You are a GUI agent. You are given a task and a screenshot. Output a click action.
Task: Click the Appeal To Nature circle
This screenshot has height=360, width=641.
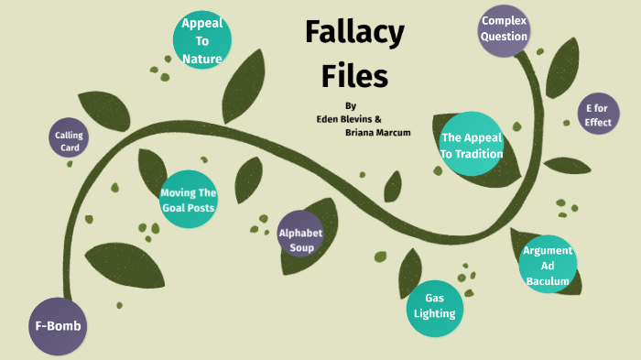click(x=202, y=40)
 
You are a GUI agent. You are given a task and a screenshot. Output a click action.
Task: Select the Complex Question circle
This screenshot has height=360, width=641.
click(x=505, y=28)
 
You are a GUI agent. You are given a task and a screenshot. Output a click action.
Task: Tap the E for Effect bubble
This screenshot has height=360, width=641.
click(x=598, y=115)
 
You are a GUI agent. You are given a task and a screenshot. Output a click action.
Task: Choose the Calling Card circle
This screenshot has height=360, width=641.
click(x=70, y=140)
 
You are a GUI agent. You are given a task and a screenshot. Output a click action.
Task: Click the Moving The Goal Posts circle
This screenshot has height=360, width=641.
click(x=188, y=199)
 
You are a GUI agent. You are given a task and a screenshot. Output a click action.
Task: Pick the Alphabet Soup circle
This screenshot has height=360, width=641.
click(x=301, y=239)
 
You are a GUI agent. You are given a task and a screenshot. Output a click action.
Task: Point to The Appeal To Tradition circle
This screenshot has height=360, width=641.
click(x=472, y=145)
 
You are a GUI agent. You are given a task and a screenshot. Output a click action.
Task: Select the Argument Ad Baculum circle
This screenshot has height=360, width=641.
click(x=548, y=265)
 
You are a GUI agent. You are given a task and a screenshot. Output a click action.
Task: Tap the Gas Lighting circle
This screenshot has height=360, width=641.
click(x=434, y=306)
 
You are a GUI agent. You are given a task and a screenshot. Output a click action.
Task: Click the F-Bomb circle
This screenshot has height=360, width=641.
click(x=58, y=325)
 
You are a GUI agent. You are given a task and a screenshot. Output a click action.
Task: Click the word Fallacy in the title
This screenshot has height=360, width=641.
click(x=354, y=35)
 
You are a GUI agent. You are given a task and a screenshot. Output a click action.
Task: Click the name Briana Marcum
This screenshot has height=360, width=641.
click(x=377, y=132)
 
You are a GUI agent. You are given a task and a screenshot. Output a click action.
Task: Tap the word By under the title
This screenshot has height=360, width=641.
click(x=351, y=105)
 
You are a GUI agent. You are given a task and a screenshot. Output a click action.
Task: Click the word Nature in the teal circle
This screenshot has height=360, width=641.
click(x=202, y=60)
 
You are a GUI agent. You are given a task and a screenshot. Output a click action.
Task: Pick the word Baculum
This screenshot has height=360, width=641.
click(x=548, y=280)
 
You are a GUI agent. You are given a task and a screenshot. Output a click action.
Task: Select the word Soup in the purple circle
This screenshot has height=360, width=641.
click(x=301, y=247)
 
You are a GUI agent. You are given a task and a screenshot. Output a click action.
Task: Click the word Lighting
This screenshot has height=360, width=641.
click(x=434, y=313)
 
